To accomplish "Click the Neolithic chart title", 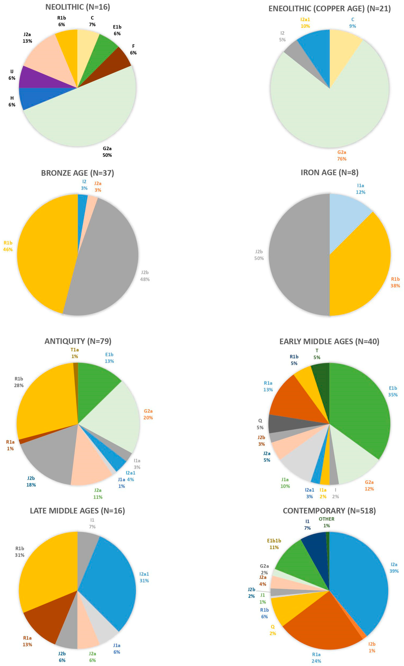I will point(78,7).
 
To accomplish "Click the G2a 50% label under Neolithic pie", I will point(107,152).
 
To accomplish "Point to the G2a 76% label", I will point(342,155).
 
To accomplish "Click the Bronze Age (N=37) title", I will point(78,173).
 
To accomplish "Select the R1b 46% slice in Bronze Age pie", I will point(43,254).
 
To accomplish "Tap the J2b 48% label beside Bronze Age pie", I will point(145,276).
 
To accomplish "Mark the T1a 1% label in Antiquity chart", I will point(75,353).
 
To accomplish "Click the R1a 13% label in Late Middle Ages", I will point(27,641).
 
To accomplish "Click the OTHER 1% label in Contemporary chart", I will point(326,522).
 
